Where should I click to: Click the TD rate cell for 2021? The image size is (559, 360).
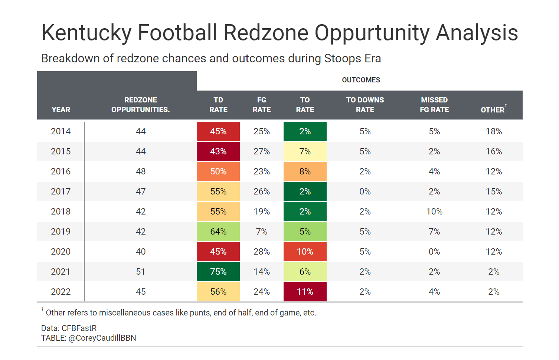pos(218,272)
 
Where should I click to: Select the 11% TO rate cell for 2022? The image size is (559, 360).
pos(305,292)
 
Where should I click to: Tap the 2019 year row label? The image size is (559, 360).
pos(61,232)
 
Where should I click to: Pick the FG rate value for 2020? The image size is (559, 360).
pos(261,252)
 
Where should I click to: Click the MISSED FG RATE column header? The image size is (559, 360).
pos(434,105)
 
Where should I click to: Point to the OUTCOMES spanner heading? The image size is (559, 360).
pos(361,80)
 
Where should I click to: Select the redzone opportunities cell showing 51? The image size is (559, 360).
pos(141,272)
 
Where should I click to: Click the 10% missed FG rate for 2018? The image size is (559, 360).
pos(434,212)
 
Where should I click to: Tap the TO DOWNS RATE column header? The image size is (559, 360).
pos(365,105)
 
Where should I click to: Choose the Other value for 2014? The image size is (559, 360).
pos(494,131)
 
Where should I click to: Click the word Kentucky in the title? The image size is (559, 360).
pos(86,33)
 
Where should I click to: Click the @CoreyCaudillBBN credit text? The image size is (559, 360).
pos(102,338)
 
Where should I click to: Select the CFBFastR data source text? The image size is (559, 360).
pos(79,328)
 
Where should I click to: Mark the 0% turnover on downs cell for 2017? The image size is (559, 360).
pos(365,192)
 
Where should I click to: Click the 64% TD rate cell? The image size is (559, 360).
pos(218,232)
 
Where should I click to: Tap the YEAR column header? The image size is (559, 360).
pos(61,109)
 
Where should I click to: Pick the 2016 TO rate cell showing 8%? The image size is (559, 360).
pos(305,171)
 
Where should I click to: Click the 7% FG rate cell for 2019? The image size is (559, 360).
pos(261,232)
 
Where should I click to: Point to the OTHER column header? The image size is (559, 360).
pos(493,110)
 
